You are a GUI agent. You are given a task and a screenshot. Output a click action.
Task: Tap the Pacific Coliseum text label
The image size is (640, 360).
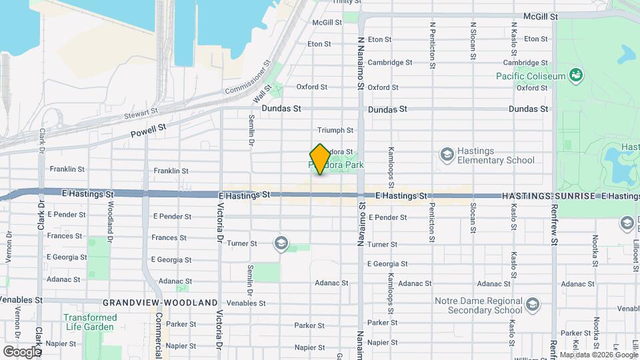tap(531, 75)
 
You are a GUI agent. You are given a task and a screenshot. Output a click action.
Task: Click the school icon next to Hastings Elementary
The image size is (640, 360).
tap(446, 155)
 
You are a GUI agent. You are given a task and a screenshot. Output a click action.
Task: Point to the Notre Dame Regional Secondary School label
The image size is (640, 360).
tap(478, 305)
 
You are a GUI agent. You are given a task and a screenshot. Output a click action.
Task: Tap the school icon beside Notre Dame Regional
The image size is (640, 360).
tap(532, 305)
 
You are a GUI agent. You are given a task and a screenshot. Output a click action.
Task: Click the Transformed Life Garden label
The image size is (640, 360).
tap(89, 322)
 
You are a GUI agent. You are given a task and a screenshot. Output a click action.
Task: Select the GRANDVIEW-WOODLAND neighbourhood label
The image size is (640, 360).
tap(161, 302)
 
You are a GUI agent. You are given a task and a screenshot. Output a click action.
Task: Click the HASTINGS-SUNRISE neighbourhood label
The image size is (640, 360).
tap(550, 196)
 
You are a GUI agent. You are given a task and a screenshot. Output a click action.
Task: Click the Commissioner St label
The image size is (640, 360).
tap(247, 77)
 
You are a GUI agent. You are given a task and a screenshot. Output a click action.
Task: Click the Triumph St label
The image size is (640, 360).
tap(335, 130)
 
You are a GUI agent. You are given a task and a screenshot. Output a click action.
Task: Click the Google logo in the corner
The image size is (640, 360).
tap(22, 351)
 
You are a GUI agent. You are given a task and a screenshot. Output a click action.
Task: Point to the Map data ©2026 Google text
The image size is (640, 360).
tap(597, 355)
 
